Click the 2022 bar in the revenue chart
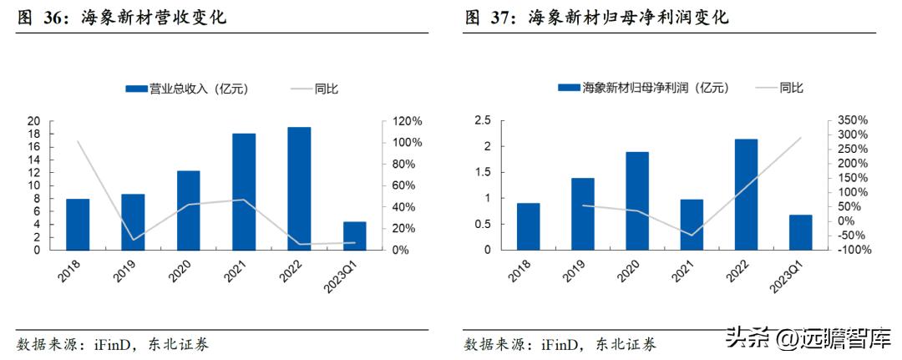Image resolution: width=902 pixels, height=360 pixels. tap(299, 189)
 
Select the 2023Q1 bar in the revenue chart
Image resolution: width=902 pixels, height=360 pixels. tap(355, 236)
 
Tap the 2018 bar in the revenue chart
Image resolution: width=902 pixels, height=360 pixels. tap(78, 224)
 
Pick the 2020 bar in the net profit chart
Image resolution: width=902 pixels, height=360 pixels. tap(637, 200)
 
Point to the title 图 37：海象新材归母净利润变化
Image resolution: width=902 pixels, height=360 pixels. tap(596, 17)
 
